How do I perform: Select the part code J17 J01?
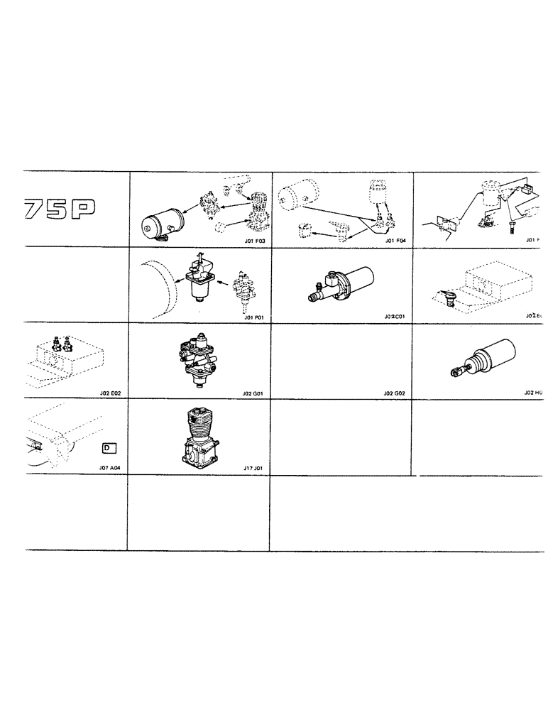point(252,468)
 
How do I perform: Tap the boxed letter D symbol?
point(108,448)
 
